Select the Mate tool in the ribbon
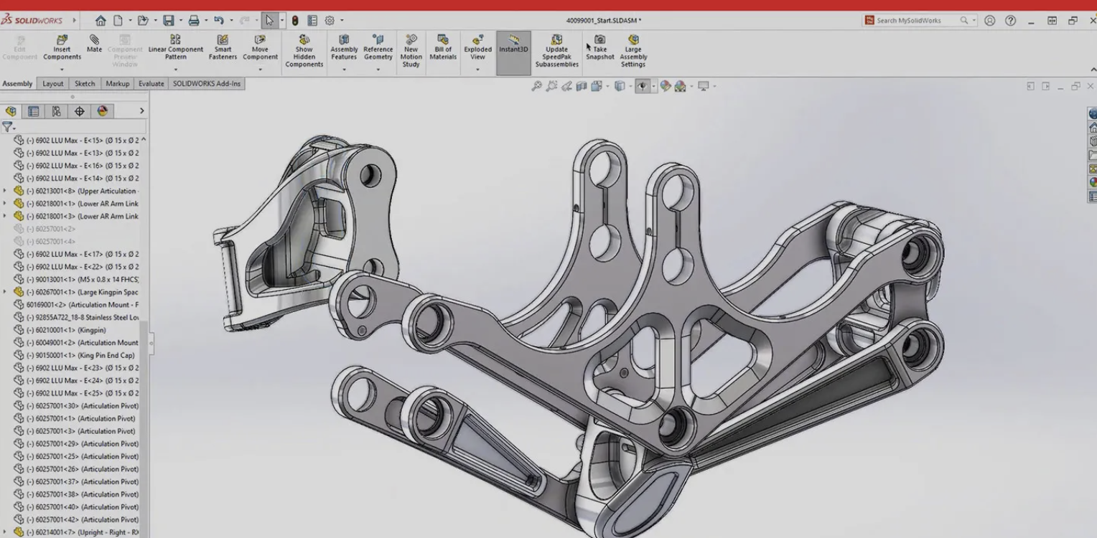point(94,44)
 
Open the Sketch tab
point(85,84)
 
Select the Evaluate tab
point(151,84)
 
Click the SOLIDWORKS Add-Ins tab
point(207,84)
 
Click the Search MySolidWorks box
point(915,21)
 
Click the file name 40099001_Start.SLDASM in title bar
point(603,21)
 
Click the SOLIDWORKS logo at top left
point(32,21)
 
